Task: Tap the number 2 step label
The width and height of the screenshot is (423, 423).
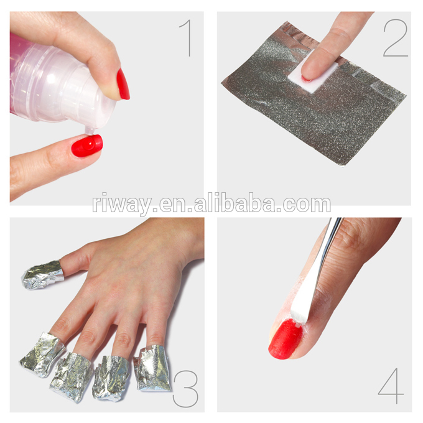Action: pyautogui.click(x=395, y=38)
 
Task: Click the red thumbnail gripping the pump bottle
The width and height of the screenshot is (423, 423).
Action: pyautogui.click(x=123, y=84)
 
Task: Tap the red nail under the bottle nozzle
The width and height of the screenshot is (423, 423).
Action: pyautogui.click(x=86, y=146)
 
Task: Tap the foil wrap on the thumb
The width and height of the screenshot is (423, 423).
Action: pyautogui.click(x=42, y=274)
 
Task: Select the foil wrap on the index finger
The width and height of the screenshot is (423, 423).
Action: pyautogui.click(x=152, y=367)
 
